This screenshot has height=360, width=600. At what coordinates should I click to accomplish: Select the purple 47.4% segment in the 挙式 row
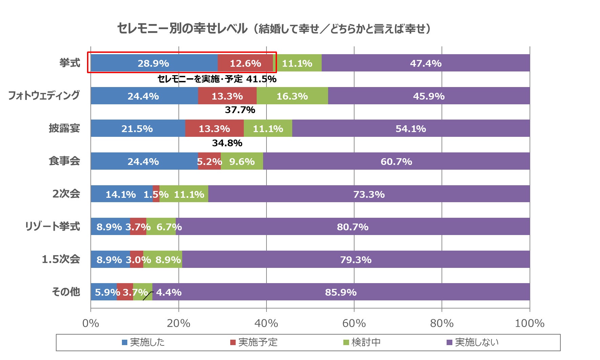click(426, 63)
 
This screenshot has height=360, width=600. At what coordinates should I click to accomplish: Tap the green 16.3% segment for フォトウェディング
click(292, 96)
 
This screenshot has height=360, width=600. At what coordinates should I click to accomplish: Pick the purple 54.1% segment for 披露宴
click(411, 128)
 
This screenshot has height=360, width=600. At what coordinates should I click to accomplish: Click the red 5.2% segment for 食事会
click(209, 161)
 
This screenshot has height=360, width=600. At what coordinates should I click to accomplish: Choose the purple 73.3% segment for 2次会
click(369, 194)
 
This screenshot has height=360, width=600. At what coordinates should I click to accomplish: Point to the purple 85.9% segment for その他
click(341, 292)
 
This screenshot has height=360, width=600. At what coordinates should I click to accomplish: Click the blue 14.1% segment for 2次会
click(121, 194)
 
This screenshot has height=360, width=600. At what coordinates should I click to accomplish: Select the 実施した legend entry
click(144, 342)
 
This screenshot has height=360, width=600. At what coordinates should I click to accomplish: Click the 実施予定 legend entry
click(254, 342)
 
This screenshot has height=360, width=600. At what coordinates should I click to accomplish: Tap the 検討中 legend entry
click(362, 342)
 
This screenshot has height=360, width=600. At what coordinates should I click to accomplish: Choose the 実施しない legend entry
click(473, 342)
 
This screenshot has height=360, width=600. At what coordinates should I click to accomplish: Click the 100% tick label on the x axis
click(529, 323)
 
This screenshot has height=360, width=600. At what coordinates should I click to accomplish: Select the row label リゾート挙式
click(52, 226)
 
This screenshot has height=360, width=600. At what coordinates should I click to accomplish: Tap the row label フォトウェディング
click(44, 95)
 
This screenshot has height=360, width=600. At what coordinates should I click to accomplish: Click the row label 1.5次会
click(61, 259)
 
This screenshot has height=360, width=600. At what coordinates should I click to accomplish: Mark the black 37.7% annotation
click(240, 110)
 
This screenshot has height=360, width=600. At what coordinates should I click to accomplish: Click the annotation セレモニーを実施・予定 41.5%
click(217, 79)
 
